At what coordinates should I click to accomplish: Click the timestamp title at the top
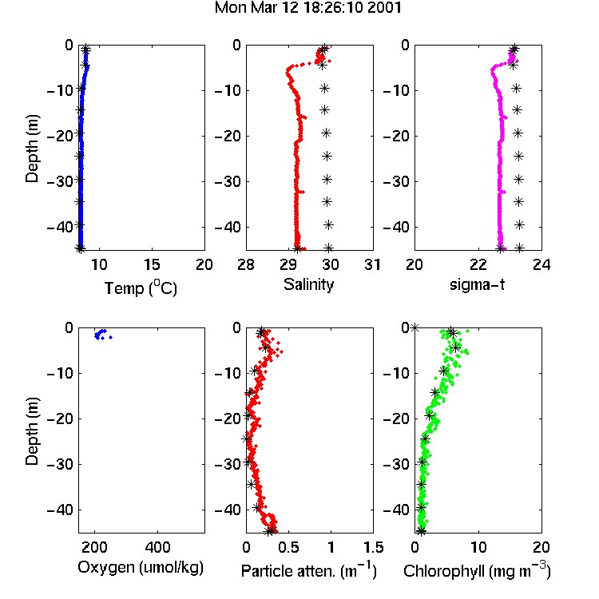(x=308, y=8)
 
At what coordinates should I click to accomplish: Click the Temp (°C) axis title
(x=141, y=288)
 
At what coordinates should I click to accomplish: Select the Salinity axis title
(x=308, y=285)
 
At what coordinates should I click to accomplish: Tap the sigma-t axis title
(x=477, y=284)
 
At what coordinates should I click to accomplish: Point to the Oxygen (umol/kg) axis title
(x=141, y=568)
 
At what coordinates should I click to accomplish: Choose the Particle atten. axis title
(x=309, y=571)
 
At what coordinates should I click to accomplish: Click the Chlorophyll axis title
(x=477, y=571)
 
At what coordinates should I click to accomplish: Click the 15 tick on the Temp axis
(x=152, y=264)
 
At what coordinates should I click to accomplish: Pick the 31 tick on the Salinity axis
(x=372, y=264)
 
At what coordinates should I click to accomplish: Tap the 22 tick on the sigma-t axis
(x=478, y=264)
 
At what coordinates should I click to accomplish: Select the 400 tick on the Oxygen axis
(x=157, y=547)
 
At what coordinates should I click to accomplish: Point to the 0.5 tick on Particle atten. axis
(x=288, y=547)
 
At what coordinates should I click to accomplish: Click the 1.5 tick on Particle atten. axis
(x=373, y=547)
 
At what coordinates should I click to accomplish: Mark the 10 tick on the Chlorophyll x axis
(x=478, y=547)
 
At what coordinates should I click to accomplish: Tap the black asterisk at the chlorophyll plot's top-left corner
(x=415, y=327)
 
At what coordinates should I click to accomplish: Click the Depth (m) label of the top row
(x=32, y=149)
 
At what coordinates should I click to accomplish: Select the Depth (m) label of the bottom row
(x=32, y=431)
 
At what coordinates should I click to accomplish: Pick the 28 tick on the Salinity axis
(x=246, y=264)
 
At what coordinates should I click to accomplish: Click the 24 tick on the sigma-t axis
(x=541, y=264)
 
